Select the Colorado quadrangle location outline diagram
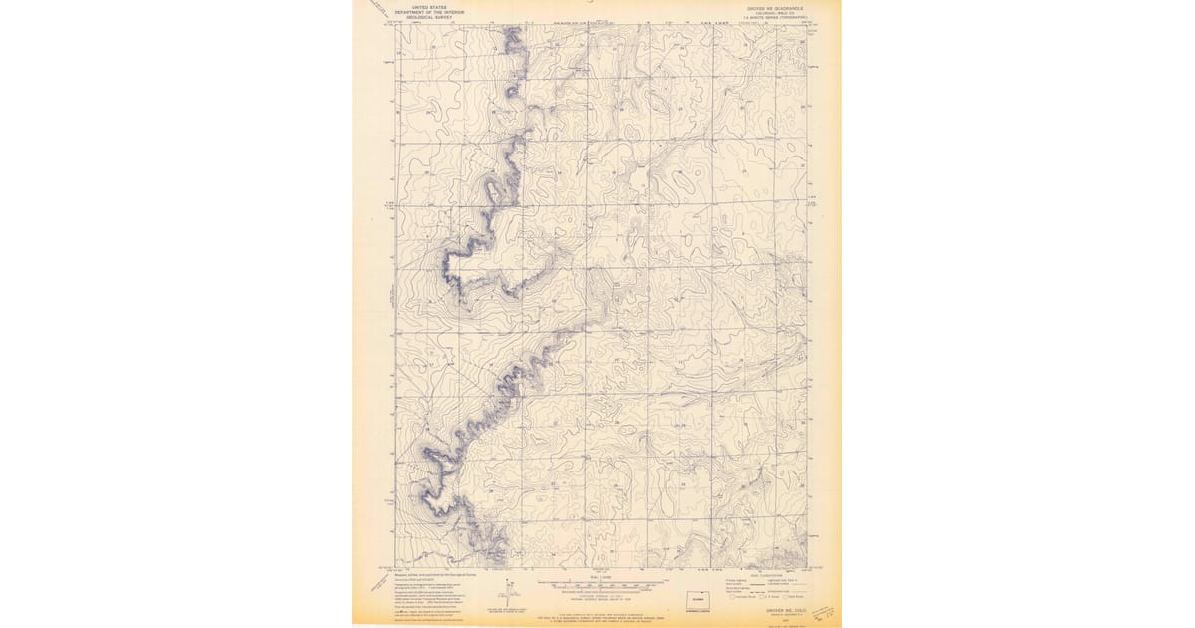(694, 600)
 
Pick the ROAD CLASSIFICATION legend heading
(757, 575)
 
